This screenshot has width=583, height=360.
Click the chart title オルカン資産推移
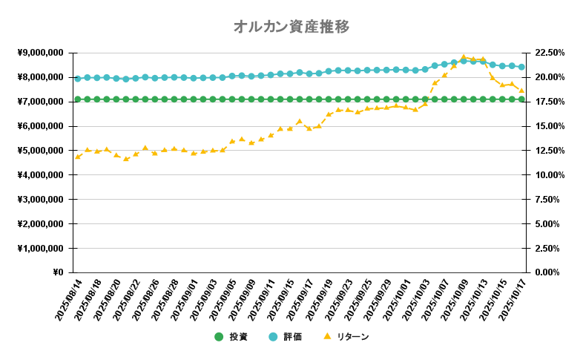(291, 27)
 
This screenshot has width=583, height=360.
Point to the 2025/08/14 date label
(65, 301)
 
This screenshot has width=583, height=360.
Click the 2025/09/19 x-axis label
(317, 301)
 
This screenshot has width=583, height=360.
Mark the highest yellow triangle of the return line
(464, 57)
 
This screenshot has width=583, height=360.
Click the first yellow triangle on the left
(78, 157)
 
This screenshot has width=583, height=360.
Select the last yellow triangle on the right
(521, 91)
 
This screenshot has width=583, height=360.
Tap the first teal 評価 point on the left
(78, 78)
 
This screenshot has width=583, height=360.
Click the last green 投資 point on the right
(521, 99)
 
